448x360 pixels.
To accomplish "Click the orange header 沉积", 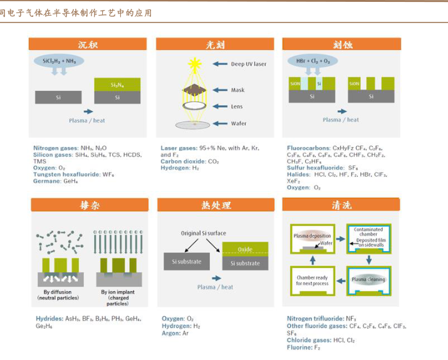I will click(x=87, y=44).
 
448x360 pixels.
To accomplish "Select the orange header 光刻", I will click(x=214, y=44).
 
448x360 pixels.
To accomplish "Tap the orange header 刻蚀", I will click(x=341, y=44).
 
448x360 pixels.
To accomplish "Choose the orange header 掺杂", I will click(x=90, y=205).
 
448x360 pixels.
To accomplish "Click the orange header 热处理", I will click(x=216, y=205).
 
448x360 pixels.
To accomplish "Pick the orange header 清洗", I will click(x=341, y=205).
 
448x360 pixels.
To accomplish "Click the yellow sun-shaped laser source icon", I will click(x=194, y=63).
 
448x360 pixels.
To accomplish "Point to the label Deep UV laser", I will click(x=248, y=64).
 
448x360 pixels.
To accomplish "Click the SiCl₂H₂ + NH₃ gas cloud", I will click(x=59, y=61).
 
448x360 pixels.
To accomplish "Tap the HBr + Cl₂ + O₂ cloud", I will click(x=312, y=61).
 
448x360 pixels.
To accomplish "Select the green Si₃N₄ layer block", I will click(x=117, y=85).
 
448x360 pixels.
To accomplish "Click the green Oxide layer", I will click(x=244, y=249).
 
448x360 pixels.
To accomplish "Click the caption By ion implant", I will click(x=117, y=292).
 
